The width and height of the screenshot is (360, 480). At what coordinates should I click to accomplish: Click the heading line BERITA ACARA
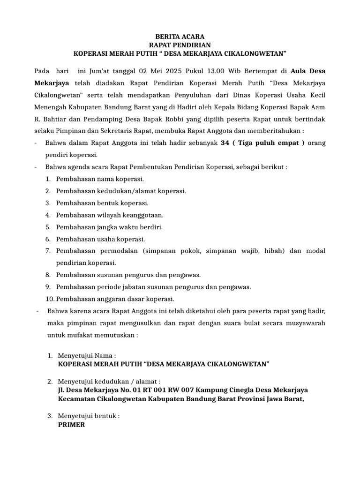tap(180, 37)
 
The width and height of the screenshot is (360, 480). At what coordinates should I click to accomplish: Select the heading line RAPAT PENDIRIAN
tap(180, 45)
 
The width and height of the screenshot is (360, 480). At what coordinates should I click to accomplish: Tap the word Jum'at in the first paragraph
tap(102, 71)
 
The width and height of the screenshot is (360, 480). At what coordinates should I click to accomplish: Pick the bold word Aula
tap(300, 71)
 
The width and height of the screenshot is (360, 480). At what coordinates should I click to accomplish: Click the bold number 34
tap(225, 142)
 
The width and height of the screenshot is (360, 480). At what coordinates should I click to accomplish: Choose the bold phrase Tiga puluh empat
tap(269, 142)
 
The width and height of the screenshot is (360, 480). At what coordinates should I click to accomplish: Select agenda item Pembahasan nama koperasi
tap(100, 179)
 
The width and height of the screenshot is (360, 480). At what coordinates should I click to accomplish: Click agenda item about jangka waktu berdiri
tap(109, 227)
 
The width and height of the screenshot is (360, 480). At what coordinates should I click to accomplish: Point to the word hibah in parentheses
tap(272, 251)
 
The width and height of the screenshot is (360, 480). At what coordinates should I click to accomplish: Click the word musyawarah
tap(302, 323)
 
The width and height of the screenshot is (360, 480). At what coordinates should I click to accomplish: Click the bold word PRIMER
tap(71, 424)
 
